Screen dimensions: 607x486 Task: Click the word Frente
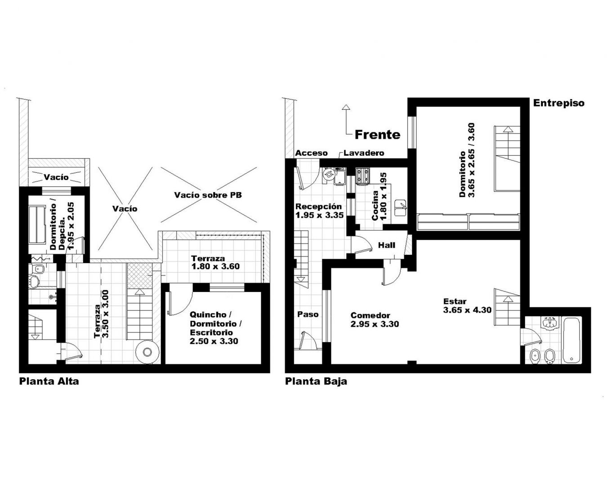[377, 135]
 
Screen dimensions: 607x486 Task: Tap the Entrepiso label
[558, 103]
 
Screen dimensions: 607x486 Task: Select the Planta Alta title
[49, 381]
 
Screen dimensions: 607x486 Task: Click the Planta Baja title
[316, 381]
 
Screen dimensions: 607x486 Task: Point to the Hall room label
[386, 245]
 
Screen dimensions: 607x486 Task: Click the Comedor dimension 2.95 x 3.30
[375, 324]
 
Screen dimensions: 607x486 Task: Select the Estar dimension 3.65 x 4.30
[467, 310]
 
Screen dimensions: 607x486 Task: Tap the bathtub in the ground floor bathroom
[571, 340]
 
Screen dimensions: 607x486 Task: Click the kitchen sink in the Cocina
[400, 208]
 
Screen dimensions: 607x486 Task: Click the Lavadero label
[364, 153]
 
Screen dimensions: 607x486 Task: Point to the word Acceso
[311, 153]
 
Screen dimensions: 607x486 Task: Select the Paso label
[308, 314]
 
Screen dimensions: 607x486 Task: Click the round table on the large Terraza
[147, 351]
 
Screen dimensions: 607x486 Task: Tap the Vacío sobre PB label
[208, 195]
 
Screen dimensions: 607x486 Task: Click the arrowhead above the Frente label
[346, 107]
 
